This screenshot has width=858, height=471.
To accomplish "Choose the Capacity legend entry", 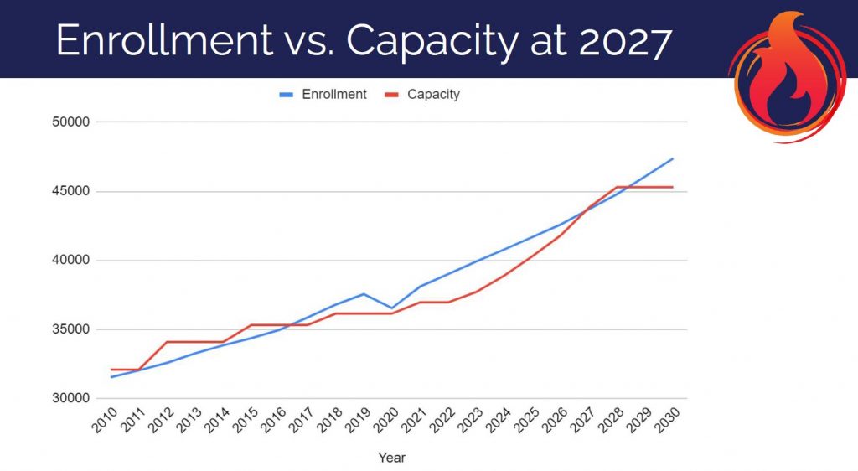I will click(x=432, y=95).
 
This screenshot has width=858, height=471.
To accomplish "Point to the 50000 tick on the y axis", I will click(x=70, y=122).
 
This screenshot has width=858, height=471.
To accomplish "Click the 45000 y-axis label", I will click(x=70, y=191).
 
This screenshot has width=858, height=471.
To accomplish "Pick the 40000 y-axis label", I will click(x=70, y=261).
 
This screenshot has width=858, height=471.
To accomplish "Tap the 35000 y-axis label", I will click(x=70, y=329).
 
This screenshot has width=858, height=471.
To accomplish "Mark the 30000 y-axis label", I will click(x=70, y=398).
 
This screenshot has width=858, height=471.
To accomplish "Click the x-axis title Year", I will click(x=391, y=458).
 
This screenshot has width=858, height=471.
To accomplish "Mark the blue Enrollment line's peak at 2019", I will click(x=364, y=294).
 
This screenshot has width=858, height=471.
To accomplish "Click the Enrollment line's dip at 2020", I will click(x=391, y=308).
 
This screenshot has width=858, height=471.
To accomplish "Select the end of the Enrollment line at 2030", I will click(x=673, y=158).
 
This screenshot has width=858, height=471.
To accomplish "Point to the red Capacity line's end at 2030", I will click(x=673, y=187).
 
